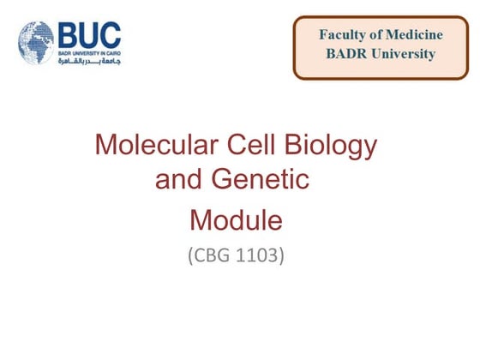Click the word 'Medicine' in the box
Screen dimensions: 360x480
tap(414, 35)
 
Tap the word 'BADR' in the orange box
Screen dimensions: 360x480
tap(345, 54)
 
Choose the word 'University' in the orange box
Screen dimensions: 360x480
tap(403, 54)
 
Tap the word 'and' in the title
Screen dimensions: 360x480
tap(177, 181)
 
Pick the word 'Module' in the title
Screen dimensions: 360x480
tap(236, 220)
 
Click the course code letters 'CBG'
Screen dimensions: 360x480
tap(209, 255)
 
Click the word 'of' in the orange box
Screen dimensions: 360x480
tap(376, 35)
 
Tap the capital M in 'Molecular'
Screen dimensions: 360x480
tap(106, 145)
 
